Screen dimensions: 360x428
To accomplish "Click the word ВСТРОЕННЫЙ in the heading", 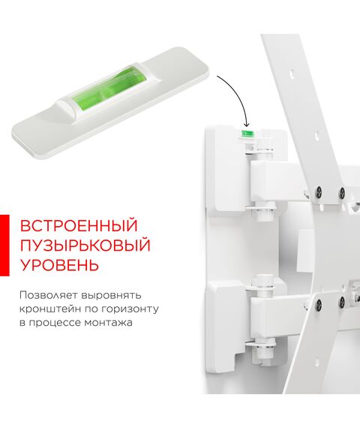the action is [x=79, y=225].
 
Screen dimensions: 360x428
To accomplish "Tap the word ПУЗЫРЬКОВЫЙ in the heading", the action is [x=85, y=245].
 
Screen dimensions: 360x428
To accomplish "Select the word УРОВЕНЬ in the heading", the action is [x=59, y=264].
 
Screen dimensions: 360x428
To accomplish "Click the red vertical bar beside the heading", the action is [x=4, y=245].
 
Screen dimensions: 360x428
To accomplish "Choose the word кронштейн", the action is [x=50, y=310].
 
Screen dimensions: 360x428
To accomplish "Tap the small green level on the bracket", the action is [x=247, y=134].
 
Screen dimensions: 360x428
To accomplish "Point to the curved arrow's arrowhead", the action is [x=247, y=124].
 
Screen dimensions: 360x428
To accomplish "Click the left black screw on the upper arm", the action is [x=319, y=192].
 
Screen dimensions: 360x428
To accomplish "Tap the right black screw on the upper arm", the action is [x=342, y=192].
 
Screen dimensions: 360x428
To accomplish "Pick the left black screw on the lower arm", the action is [x=319, y=303].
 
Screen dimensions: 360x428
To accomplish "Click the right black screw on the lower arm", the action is [x=342, y=302].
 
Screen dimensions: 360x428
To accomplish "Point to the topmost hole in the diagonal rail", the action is [x=292, y=74].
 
